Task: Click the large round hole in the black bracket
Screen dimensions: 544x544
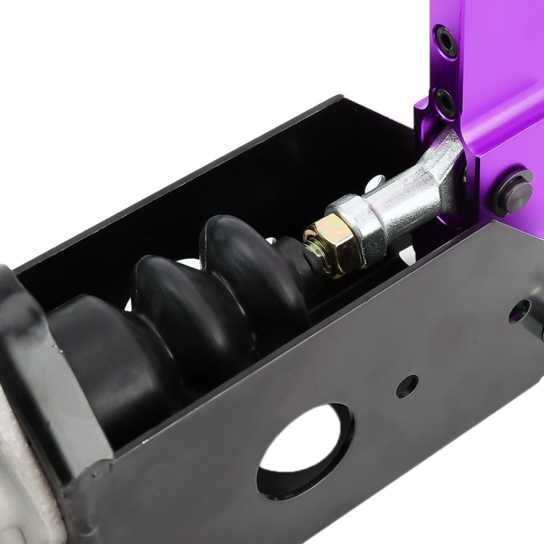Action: (305, 450)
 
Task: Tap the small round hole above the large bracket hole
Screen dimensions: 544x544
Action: (407, 386)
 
